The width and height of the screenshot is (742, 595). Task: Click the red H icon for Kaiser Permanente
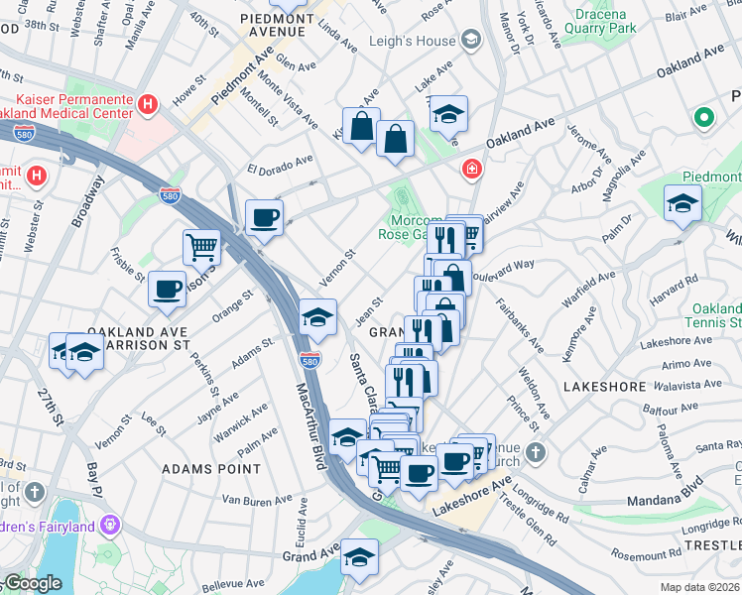(148, 103)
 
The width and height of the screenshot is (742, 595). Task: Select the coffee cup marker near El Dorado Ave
(264, 218)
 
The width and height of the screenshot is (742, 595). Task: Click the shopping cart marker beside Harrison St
(201, 246)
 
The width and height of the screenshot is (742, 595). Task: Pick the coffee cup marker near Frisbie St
(167, 289)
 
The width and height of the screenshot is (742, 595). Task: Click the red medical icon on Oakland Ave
(471, 171)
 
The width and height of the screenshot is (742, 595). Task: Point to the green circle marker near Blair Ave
(704, 119)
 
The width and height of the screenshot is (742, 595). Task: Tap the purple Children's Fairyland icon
(110, 522)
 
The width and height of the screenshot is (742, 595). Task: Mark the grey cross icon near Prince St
(536, 453)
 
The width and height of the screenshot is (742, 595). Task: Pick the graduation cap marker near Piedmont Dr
(682, 203)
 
